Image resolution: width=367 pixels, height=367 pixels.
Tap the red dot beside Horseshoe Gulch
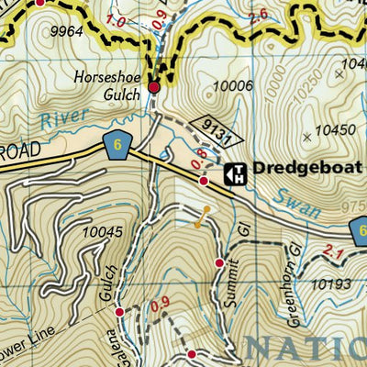pos(154,87)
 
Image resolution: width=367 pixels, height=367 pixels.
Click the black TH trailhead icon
pos(235,172)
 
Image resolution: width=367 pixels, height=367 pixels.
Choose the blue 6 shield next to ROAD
pos(115,145)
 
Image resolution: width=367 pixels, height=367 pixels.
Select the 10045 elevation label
pos(102,232)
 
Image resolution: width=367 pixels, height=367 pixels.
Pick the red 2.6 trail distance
pos(257,14)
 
